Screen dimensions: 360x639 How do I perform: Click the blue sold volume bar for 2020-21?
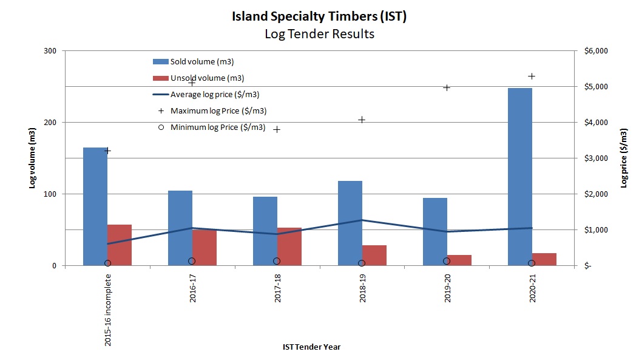point(519,177)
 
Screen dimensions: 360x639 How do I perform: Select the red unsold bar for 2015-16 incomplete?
point(120,245)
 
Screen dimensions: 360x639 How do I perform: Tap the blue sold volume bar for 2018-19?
point(350,223)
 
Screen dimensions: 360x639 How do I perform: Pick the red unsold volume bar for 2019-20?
point(459,260)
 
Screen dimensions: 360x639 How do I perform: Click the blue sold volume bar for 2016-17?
point(180,228)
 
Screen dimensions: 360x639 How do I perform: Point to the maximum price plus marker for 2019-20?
point(447,87)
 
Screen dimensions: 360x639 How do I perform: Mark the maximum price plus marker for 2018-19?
point(362,120)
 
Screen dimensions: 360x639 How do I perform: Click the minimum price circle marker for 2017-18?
point(277,261)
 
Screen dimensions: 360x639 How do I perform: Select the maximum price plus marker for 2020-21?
point(532,76)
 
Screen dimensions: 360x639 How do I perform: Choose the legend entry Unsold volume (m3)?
point(207,78)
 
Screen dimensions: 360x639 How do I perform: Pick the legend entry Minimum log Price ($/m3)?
point(217,127)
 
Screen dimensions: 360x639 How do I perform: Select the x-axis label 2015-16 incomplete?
point(108,310)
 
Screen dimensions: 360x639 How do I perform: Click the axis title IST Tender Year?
point(311,347)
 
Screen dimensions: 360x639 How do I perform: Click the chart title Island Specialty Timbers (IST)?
point(319,16)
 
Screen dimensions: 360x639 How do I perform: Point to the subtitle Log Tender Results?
point(319,34)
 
